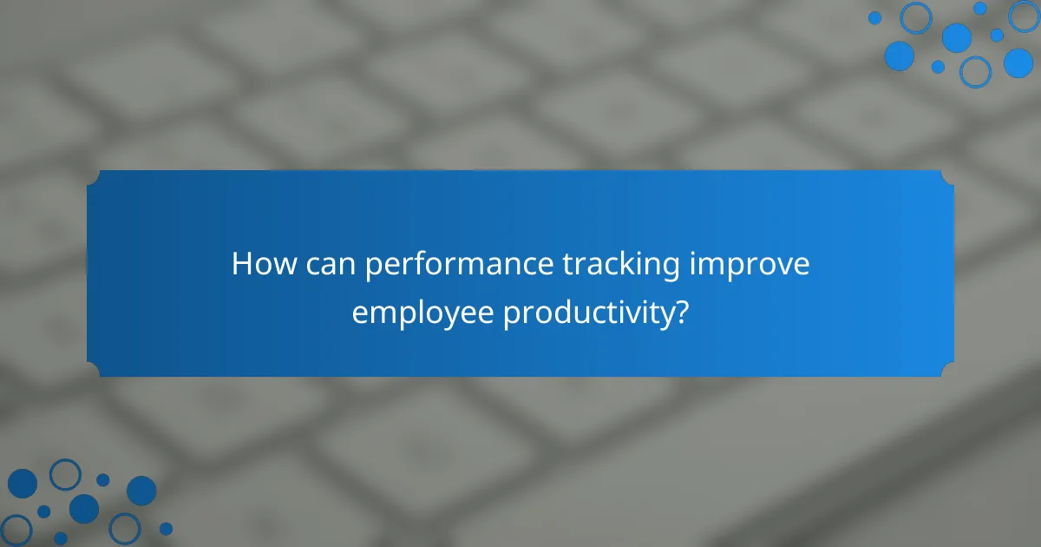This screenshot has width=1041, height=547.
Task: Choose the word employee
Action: (x=422, y=313)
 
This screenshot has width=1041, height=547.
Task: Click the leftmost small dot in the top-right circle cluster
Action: (x=874, y=17)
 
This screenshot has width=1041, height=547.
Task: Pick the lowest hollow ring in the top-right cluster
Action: (x=975, y=71)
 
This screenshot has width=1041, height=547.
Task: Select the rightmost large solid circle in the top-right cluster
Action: (x=1018, y=63)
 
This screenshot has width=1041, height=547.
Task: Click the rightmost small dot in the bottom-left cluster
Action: (x=166, y=528)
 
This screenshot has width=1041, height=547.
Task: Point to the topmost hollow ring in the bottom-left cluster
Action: (x=65, y=474)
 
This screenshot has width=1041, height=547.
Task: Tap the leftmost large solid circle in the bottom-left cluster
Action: (x=23, y=484)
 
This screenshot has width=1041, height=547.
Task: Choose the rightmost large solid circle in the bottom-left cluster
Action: (x=141, y=491)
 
